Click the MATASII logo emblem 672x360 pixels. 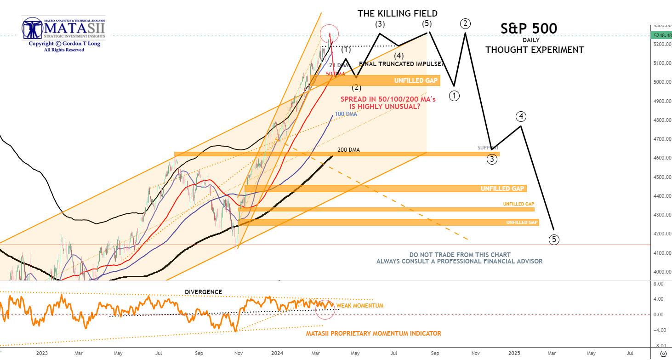click(33, 29)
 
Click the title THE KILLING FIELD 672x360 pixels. click(398, 13)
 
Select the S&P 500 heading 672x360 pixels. click(529, 29)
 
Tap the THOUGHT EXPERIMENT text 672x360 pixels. click(535, 50)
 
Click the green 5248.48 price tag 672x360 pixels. click(661, 35)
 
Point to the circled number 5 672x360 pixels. click(554, 239)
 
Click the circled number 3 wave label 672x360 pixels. click(492, 160)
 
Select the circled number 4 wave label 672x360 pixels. click(520, 116)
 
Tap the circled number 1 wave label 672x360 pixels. click(455, 96)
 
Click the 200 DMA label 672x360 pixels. click(348, 150)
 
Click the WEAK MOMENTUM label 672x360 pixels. click(360, 306)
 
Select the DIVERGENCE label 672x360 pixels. click(203, 292)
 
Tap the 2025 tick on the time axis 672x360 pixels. click(514, 353)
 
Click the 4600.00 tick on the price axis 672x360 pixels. click(661, 158)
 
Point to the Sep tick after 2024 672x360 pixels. click(435, 353)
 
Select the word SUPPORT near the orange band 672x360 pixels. click(488, 148)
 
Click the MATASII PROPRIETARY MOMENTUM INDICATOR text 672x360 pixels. click(374, 333)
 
